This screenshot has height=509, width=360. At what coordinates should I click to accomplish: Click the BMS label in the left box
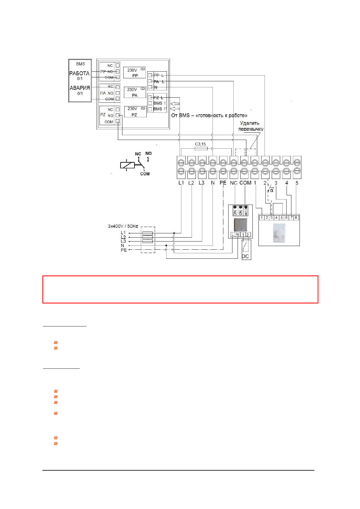tap(80, 64)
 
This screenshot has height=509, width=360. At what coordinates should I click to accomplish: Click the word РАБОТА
tap(79, 73)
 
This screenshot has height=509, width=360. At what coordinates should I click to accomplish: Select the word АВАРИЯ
tap(80, 88)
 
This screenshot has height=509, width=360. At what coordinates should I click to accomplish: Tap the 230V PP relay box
tap(135, 73)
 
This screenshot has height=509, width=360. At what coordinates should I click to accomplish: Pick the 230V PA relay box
tap(135, 92)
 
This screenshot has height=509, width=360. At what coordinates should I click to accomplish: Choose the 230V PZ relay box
tap(135, 112)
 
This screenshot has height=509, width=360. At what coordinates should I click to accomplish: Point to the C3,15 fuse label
tap(200, 144)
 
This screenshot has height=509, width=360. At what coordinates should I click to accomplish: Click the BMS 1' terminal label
tap(160, 109)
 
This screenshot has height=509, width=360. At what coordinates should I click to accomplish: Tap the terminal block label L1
tap(181, 183)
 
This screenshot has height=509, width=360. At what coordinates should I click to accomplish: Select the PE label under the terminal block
tap(223, 183)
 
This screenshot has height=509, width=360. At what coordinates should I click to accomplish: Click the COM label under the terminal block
tap(245, 183)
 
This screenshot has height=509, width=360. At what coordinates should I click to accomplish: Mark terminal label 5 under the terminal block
tap(297, 183)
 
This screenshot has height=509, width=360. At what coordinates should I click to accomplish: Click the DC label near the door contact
tap(245, 256)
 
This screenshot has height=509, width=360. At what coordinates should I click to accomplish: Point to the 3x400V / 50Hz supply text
tap(123, 226)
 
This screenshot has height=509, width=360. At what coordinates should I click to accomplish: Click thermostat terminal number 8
tap(296, 218)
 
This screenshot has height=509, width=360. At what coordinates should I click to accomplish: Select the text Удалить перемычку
tap(251, 126)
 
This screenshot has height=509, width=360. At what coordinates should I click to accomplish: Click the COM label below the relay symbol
tap(145, 174)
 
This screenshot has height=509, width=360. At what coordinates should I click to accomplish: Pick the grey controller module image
tap(240, 224)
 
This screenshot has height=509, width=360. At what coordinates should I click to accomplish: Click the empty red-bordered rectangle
tap(180, 289)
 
